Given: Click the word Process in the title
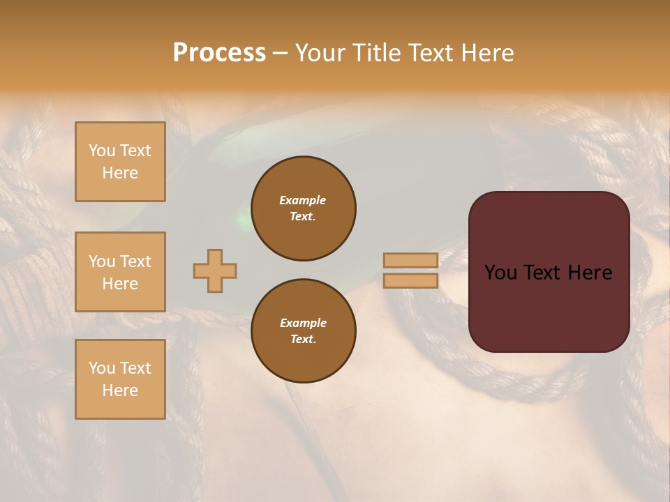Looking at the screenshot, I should click(x=219, y=53).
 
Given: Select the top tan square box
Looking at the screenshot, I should click(x=120, y=162).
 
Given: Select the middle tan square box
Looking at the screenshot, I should click(x=120, y=272).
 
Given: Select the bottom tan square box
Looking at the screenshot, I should click(x=120, y=379).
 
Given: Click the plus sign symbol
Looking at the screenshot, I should click(x=215, y=271).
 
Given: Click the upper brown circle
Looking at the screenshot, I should click(x=303, y=208).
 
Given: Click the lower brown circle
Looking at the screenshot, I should click(x=303, y=331).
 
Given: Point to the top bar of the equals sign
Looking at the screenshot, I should click(x=411, y=260).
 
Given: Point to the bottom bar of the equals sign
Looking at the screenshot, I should click(x=411, y=281).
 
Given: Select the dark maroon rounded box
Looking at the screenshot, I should click(x=549, y=272).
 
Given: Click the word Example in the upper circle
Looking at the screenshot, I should click(x=303, y=200).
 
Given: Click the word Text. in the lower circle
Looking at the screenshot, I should click(x=303, y=340).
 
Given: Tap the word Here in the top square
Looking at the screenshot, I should click(x=120, y=173).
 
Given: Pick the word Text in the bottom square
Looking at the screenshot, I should click(x=135, y=368).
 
